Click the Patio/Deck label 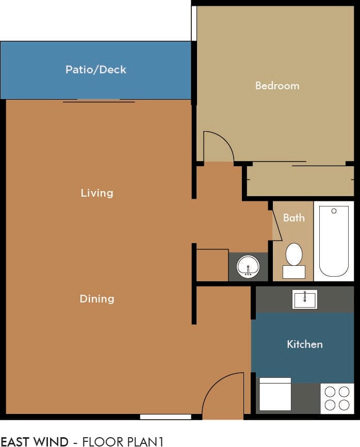pyautogui.click(x=95, y=70)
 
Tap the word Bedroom pyautogui.click(x=277, y=86)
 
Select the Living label pyautogui.click(x=96, y=193)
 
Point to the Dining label pyautogui.click(x=96, y=299)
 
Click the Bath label pyautogui.click(x=293, y=218)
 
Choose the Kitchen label pyautogui.click(x=304, y=344)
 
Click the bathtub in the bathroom pyautogui.click(x=334, y=241)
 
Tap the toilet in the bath pyautogui.click(x=293, y=257)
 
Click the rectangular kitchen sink pyautogui.click(x=305, y=299)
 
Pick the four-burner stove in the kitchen pyautogui.click(x=337, y=398)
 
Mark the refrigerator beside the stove pyautogui.click(x=275, y=394)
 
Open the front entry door pyautogui.click(x=222, y=396)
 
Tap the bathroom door pyautogui.click(x=276, y=225)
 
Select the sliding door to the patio pyautogui.click(x=99, y=101)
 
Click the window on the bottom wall pyautogui.click(x=165, y=417)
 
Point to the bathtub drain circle pyautogui.click(x=334, y=211)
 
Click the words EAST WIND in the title pyautogui.click(x=34, y=441)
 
